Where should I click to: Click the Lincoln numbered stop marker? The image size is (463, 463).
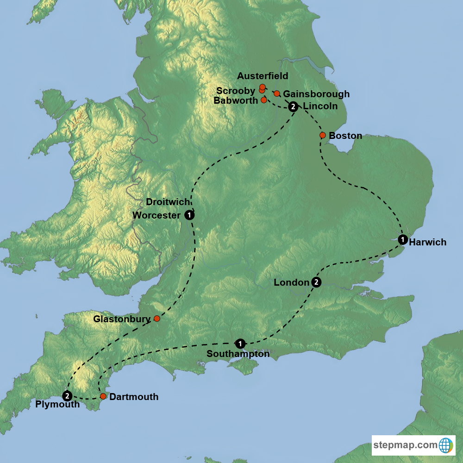click(x=293, y=107)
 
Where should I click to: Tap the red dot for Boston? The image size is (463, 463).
click(x=323, y=135)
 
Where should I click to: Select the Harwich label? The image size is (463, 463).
click(x=428, y=242)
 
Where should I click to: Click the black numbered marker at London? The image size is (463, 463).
click(x=316, y=282)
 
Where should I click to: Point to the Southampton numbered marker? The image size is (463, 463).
click(x=240, y=344)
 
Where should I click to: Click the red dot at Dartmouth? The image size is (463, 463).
click(x=103, y=396)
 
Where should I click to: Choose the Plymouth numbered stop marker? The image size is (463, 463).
click(x=67, y=396)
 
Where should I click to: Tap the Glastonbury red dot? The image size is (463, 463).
click(x=157, y=318)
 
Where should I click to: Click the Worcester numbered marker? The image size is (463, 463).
click(x=189, y=215)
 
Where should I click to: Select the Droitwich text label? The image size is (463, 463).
click(x=168, y=202)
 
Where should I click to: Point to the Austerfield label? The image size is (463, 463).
click(x=263, y=76)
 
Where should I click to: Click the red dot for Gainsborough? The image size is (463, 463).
click(x=277, y=94)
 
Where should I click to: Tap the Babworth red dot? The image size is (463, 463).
click(x=264, y=100)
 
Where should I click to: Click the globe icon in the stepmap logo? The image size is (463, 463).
click(x=445, y=445)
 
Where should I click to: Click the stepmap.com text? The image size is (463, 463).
click(x=405, y=445)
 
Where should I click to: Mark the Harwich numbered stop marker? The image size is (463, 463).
click(x=403, y=239)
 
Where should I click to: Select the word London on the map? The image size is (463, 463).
click(x=291, y=282)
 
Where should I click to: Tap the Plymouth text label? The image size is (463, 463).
click(x=57, y=405)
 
